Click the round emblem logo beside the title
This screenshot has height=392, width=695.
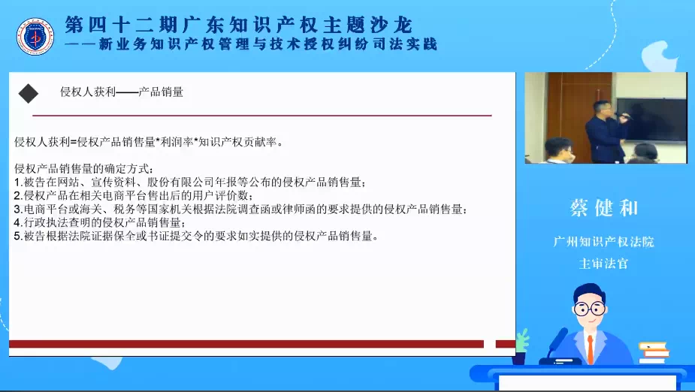[35, 37]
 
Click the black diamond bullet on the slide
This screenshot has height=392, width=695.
[29, 93]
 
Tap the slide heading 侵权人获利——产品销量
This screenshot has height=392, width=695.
[122, 92]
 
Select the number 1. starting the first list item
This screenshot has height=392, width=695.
[18, 182]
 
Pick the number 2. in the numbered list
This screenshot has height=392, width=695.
[18, 195]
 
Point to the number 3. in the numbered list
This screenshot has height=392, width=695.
[18, 209]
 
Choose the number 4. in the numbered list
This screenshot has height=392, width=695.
[18, 222]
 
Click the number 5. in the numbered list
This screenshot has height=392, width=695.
[18, 236]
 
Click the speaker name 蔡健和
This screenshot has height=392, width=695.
[603, 208]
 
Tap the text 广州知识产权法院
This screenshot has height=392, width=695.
[603, 242]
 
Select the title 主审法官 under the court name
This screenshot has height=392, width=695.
[603, 264]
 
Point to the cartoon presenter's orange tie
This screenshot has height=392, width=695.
[591, 349]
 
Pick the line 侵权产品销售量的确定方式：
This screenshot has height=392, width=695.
[84, 169]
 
